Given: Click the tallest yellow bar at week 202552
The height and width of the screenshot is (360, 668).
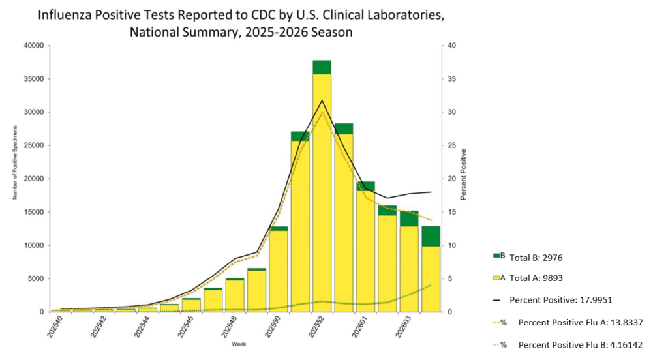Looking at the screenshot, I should [x=322, y=196].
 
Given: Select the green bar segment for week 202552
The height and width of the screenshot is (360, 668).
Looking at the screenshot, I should [x=322, y=67].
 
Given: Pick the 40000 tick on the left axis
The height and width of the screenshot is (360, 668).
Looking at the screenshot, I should [x=33, y=46].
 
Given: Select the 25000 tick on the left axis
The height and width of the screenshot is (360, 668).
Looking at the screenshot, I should [x=33, y=145].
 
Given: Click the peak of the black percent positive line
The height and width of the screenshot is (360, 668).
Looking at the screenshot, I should [x=322, y=100].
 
